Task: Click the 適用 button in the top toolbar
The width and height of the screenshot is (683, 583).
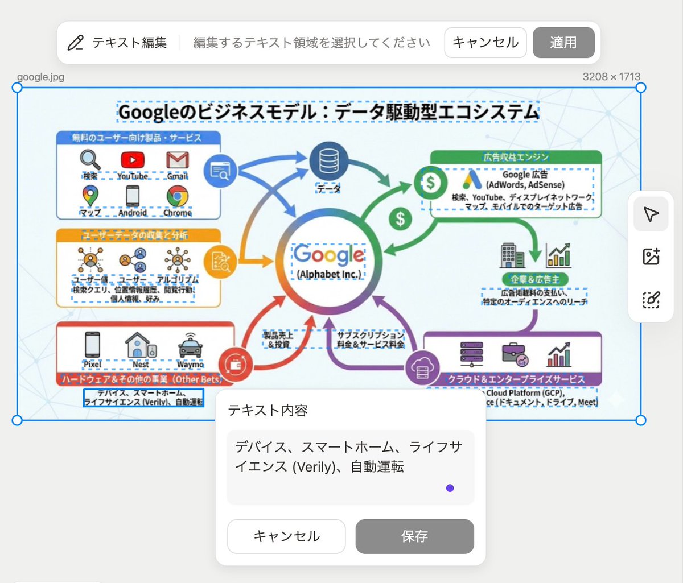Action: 563,43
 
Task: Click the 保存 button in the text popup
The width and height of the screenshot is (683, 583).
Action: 414,536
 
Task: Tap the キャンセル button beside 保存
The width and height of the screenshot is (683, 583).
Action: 286,536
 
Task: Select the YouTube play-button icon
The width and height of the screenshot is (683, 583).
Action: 133,160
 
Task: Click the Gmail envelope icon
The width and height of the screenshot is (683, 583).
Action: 177,160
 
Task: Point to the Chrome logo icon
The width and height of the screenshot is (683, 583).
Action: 178,197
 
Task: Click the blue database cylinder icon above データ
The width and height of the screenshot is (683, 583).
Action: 328,161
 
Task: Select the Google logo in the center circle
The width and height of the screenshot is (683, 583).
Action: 329,255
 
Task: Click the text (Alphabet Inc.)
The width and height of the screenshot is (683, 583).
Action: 329,274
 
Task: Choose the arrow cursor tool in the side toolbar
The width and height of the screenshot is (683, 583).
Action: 651,214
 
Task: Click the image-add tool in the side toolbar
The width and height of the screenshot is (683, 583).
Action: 651,257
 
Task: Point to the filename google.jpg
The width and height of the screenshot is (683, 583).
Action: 40,77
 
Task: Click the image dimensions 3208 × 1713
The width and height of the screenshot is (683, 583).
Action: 611,77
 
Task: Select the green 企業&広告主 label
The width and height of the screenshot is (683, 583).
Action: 535,279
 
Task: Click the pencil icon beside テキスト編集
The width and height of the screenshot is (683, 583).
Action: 76,43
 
